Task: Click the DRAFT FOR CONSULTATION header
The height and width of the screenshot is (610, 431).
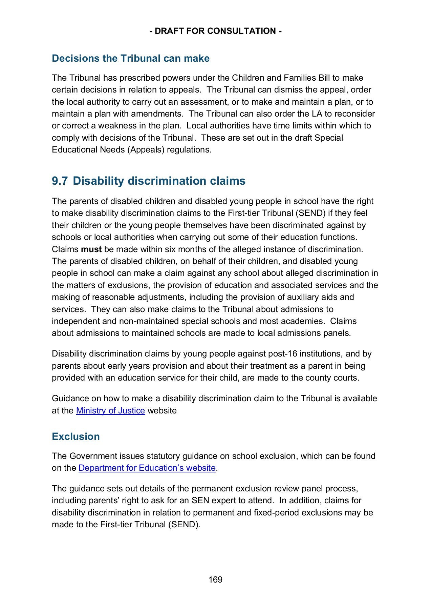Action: pos(215,31)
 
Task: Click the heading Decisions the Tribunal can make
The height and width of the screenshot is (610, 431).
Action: pos(131,58)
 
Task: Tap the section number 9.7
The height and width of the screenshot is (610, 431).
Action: pos(60,181)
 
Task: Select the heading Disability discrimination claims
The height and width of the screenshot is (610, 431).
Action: pos(159,181)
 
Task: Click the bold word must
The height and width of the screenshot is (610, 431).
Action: pos(91,249)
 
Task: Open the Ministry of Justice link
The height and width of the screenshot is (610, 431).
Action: pos(110,411)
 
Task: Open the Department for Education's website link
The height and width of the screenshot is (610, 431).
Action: pos(147,468)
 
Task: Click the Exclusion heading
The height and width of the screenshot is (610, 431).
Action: pos(76,436)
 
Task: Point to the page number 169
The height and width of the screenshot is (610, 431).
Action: pos(215,579)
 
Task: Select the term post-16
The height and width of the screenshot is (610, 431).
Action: pos(283,354)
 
